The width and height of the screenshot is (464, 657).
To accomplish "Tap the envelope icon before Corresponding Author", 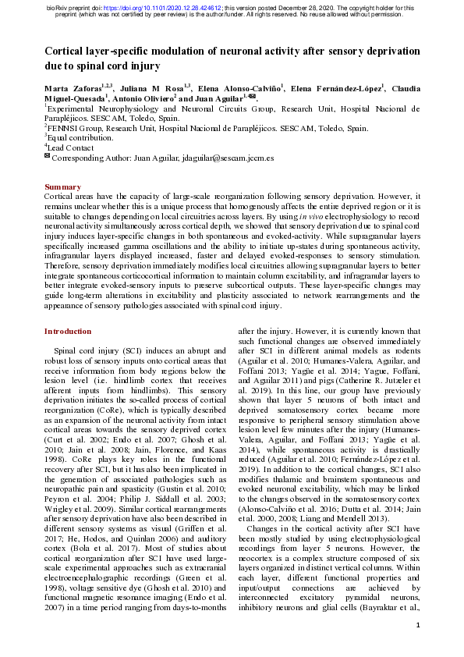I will tap(47, 157).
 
